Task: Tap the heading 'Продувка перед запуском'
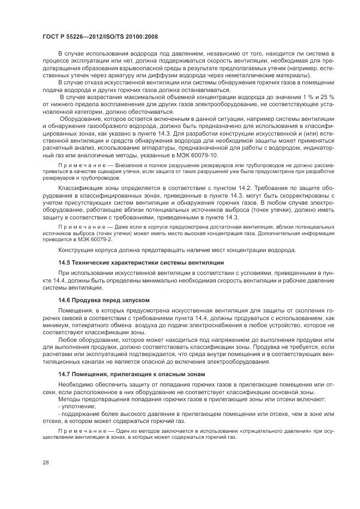coord(112,300)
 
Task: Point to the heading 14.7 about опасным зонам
coord(131,374)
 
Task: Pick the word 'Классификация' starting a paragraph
coord(80,188)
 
